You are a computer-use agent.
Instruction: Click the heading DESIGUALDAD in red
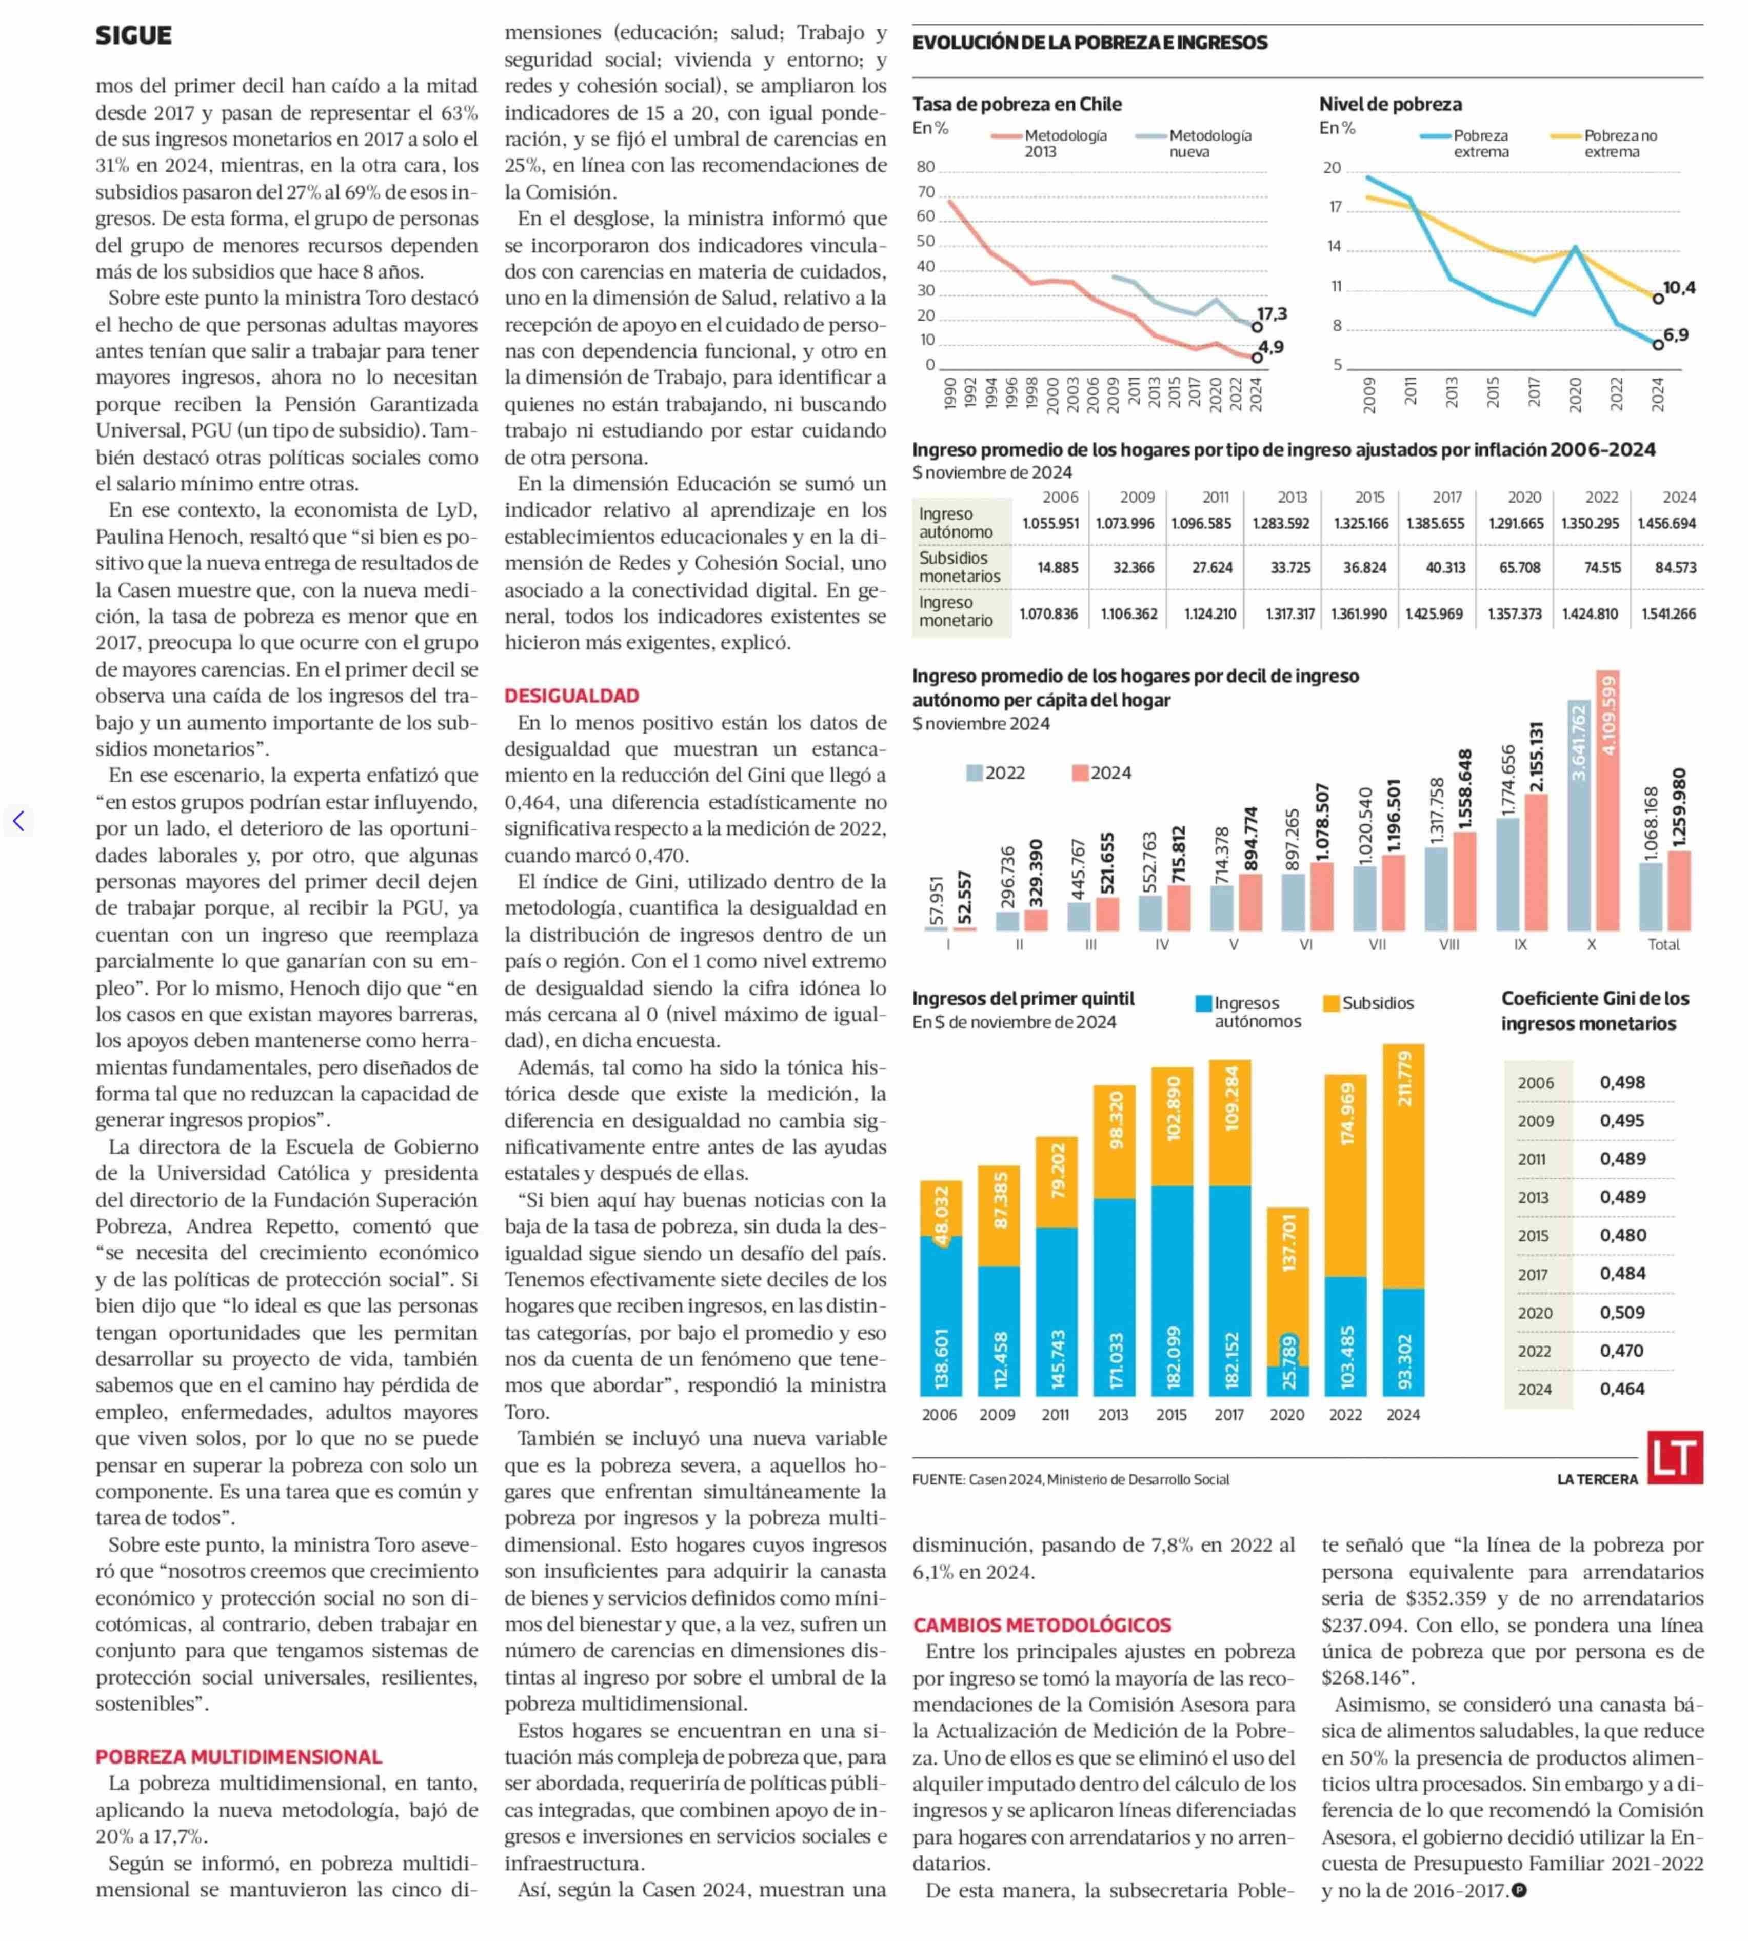coord(571,696)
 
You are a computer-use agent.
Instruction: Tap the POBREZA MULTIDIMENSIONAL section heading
coord(238,1757)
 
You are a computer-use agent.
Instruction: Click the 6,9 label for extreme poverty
coord(1676,335)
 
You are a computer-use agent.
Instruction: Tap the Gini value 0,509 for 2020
coord(1622,1312)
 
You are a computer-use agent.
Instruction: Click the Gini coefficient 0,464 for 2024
coord(1622,1389)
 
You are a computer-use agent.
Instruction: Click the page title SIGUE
coord(133,35)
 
